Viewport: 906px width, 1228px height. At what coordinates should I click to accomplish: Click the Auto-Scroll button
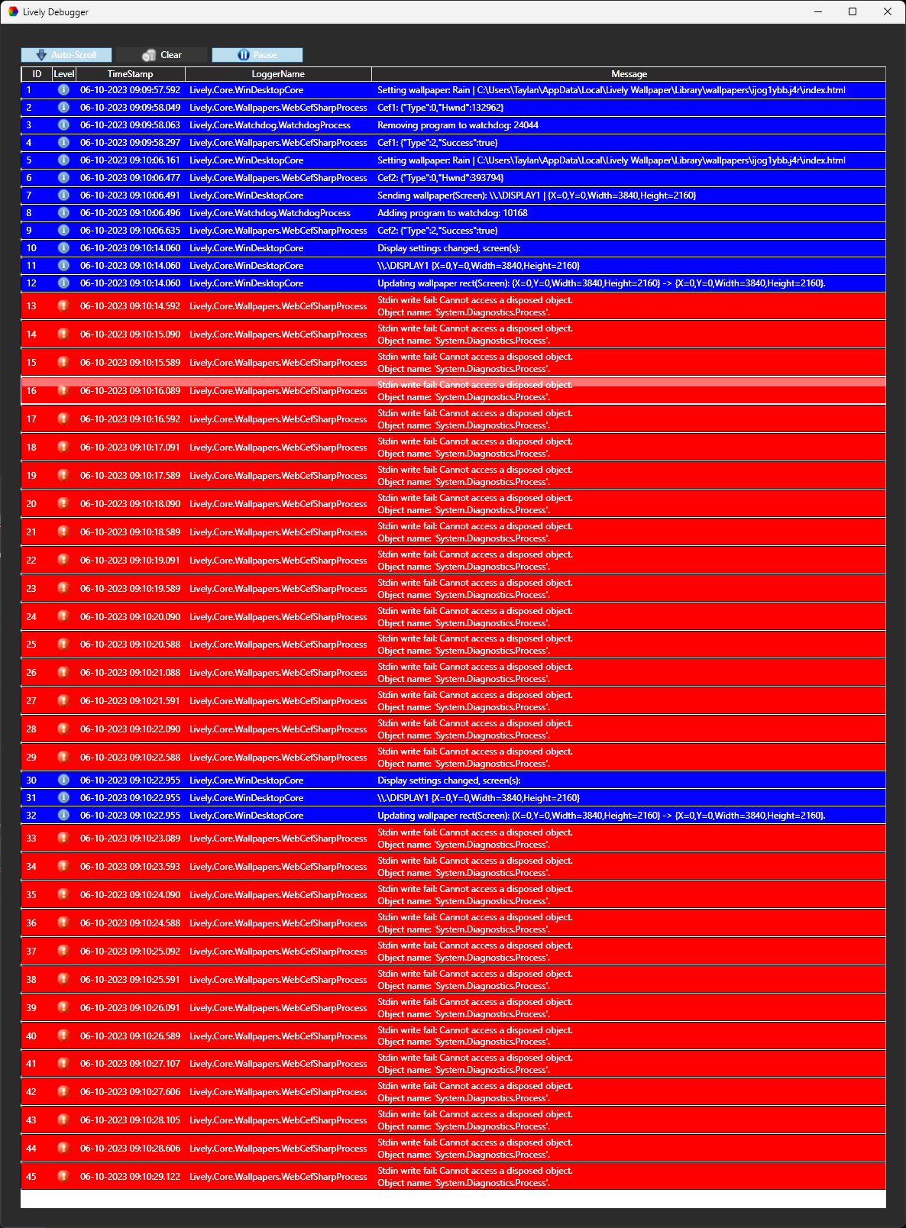(x=66, y=55)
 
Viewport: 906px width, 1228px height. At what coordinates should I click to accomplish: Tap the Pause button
(x=257, y=55)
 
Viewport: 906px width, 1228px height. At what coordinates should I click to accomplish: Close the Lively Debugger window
(x=887, y=11)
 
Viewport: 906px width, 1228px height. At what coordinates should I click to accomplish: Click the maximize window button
(x=853, y=11)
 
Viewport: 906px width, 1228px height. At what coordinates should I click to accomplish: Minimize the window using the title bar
(x=818, y=11)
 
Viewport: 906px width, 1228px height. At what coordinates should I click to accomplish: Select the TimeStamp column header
(x=130, y=74)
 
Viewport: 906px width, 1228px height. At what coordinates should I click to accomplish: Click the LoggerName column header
(x=278, y=74)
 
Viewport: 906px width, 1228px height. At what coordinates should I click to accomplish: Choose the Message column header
(x=629, y=74)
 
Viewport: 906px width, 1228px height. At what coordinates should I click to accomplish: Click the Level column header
(x=64, y=74)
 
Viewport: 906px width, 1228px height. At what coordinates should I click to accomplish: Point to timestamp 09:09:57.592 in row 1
(x=130, y=90)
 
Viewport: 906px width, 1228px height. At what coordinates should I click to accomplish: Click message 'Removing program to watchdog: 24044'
(x=458, y=125)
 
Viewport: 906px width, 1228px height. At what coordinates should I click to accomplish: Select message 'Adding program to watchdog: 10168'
(x=452, y=213)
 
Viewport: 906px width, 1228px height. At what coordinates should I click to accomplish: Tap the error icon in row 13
(x=63, y=305)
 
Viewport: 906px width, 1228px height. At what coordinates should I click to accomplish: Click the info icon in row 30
(x=63, y=780)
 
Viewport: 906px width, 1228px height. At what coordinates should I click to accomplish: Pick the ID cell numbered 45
(x=31, y=1176)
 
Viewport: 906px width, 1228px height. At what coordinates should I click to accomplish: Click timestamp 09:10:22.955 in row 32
(x=130, y=816)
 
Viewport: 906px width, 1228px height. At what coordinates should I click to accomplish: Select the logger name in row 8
(x=270, y=213)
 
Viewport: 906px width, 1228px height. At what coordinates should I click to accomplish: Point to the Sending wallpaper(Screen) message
(x=536, y=196)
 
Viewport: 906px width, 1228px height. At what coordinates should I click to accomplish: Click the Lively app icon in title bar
(x=13, y=11)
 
